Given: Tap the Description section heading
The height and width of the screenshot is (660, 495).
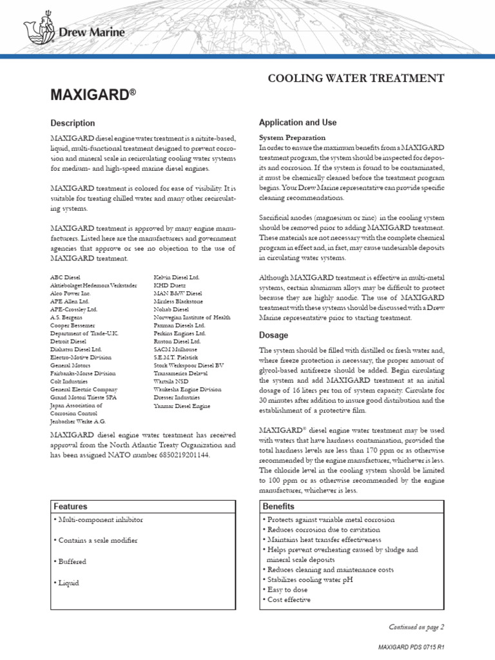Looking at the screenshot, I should (x=73, y=123).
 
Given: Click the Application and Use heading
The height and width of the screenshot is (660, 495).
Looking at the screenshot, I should (x=297, y=122).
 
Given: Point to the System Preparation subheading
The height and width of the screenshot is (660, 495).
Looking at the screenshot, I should (x=292, y=138).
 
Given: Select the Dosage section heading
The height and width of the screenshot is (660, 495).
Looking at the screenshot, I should (x=273, y=335).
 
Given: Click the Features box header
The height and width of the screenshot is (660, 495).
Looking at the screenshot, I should (x=71, y=507).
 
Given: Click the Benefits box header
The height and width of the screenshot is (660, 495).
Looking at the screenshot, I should (x=278, y=507).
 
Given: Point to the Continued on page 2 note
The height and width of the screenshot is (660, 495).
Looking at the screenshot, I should (x=416, y=626).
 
